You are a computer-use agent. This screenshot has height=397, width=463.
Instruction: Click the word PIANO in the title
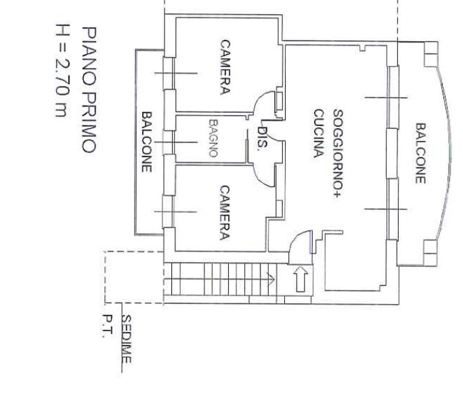click(x=89, y=56)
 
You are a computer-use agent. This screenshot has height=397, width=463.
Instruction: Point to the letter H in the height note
click(x=62, y=30)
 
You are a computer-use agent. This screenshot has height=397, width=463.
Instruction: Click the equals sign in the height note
click(x=62, y=47)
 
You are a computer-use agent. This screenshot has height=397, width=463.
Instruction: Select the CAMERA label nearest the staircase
click(x=225, y=213)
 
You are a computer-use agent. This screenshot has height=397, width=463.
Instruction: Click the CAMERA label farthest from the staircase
click(x=225, y=67)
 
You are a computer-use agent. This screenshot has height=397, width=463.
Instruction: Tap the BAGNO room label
click(x=213, y=138)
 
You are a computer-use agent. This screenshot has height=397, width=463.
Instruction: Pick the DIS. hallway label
click(x=262, y=137)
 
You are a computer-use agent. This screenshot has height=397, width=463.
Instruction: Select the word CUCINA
click(x=319, y=133)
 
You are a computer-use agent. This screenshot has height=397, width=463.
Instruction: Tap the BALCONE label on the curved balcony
click(x=420, y=153)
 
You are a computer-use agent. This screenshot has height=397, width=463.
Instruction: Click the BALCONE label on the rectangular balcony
click(x=147, y=142)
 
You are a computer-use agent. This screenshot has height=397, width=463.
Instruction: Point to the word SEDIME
click(x=127, y=339)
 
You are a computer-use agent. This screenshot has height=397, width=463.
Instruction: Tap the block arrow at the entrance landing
click(x=301, y=278)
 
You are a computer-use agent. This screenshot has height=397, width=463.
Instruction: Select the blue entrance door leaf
click(x=311, y=242)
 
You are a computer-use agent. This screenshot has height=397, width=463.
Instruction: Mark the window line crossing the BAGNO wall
click(x=176, y=142)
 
